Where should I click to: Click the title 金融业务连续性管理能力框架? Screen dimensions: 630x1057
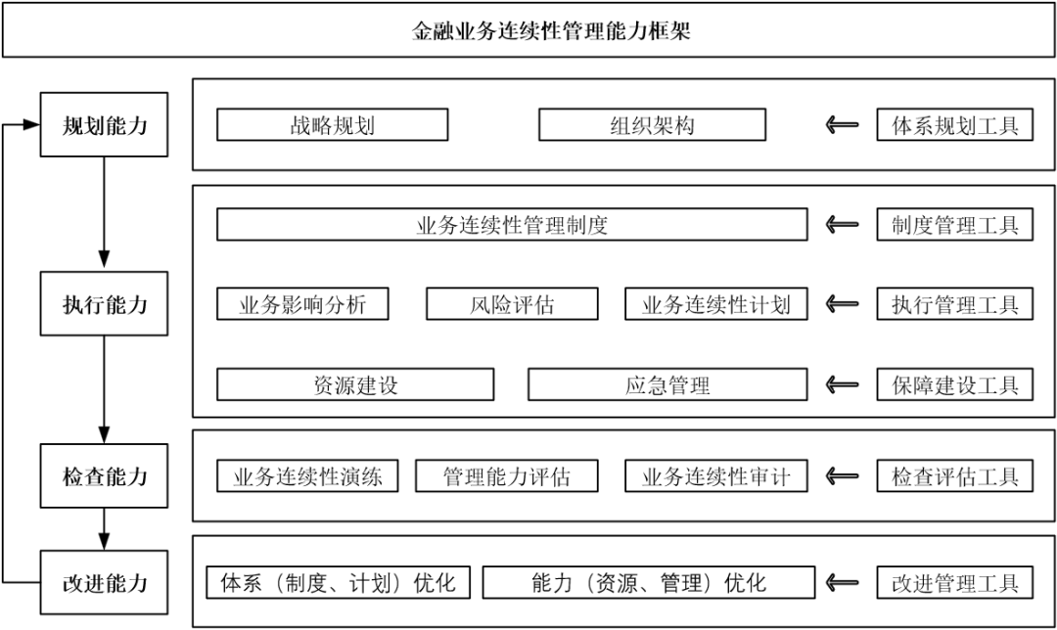click(528, 30)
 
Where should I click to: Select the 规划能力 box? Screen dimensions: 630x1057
click(104, 124)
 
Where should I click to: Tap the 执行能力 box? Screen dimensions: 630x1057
click(104, 304)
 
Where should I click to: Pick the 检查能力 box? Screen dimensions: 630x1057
click(104, 476)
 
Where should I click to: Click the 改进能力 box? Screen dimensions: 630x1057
click(104, 583)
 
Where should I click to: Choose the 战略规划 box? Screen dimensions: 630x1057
click(332, 124)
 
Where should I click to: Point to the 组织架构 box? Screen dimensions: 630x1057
click(652, 124)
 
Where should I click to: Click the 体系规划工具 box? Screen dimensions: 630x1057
click(954, 124)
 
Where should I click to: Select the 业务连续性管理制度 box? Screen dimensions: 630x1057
click(512, 225)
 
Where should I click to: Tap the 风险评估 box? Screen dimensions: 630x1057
click(512, 304)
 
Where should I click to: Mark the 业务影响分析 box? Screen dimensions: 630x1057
click(302, 304)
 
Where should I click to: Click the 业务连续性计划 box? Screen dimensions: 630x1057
click(715, 304)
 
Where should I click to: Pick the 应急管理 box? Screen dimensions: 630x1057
click(667, 384)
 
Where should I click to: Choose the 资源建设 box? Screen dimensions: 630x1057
click(355, 384)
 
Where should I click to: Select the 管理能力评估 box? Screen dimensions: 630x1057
click(506, 476)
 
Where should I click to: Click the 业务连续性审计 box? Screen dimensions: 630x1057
click(715, 476)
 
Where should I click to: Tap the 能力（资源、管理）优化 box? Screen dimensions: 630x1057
click(648, 583)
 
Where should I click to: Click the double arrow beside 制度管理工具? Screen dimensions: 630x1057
click(842, 225)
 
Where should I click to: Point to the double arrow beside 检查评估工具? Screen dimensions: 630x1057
click(842, 476)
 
